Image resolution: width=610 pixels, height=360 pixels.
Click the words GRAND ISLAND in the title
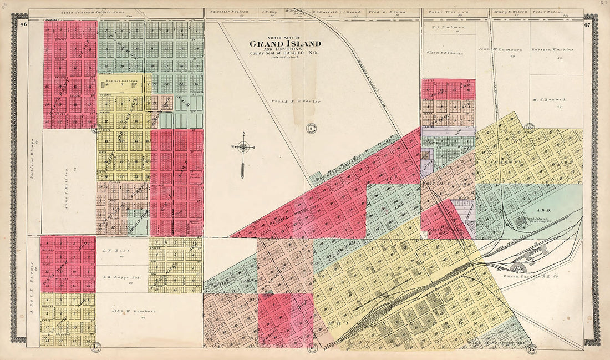[284, 44]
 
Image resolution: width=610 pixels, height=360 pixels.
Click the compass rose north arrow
[243, 148]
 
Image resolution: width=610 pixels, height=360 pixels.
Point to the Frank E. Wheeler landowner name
[289, 102]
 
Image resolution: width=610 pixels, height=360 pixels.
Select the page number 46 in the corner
[23, 24]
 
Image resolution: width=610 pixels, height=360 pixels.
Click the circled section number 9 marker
[311, 128]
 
